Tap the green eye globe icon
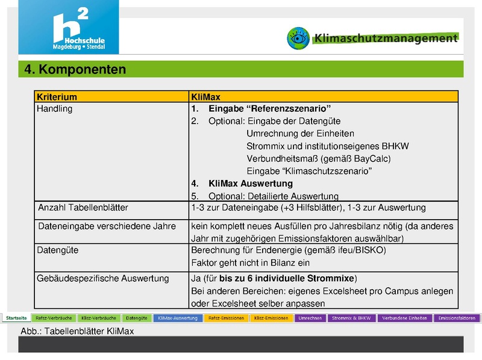(x=298, y=37)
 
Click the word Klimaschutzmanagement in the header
(x=386, y=38)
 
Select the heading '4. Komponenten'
(x=75, y=69)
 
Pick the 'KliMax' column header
(x=206, y=96)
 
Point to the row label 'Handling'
(x=54, y=109)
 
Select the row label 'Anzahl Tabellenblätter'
(x=83, y=208)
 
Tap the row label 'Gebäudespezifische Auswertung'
(x=103, y=279)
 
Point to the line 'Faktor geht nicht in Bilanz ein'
(x=250, y=262)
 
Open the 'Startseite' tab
(x=16, y=318)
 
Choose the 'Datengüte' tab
(x=137, y=318)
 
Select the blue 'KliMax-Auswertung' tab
(x=178, y=318)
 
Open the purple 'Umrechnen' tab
(x=309, y=318)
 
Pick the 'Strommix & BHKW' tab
(x=351, y=318)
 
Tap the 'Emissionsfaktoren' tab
(x=455, y=318)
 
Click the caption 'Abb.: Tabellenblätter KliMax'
(x=77, y=331)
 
